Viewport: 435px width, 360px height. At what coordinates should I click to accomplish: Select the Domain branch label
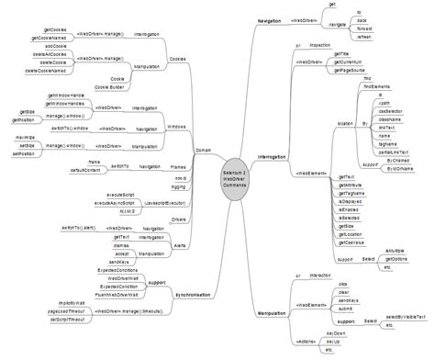coord(204,150)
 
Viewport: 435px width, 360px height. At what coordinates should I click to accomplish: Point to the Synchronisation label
coord(195,294)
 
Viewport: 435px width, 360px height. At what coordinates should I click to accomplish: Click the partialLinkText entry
coord(394,152)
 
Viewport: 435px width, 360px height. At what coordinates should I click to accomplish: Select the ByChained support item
coord(398,160)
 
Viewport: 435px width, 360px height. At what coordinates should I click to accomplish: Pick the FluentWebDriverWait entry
coord(118,295)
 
